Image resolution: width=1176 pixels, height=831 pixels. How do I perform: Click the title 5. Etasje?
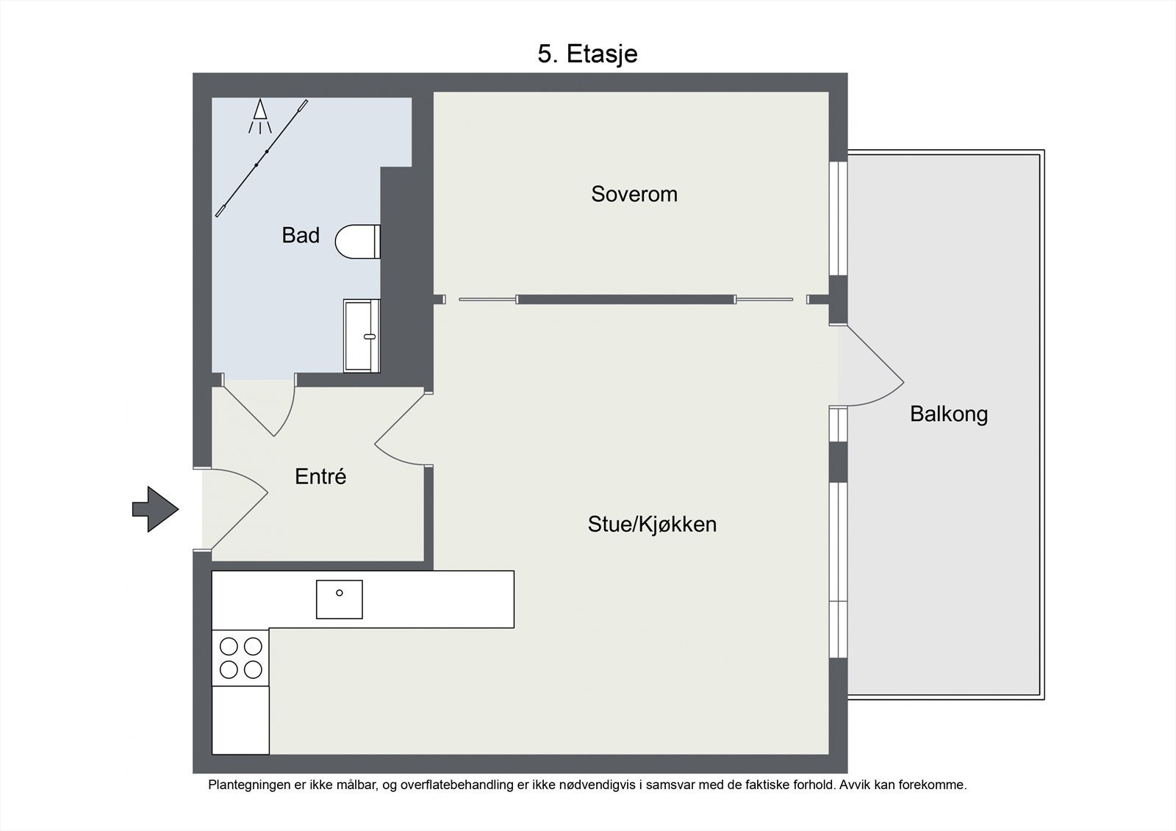coord(587,54)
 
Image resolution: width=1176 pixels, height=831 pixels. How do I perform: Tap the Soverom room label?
coord(634,194)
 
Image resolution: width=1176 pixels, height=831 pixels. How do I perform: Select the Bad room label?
coord(301,235)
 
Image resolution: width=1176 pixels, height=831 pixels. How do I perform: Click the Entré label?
coord(320,476)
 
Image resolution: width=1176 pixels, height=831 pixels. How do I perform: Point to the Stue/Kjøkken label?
coord(652,525)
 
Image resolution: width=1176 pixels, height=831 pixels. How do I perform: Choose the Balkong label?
coord(949,414)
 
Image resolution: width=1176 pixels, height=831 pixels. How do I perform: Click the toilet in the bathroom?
coord(357,242)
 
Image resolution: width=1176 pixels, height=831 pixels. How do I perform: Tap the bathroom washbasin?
coord(362,336)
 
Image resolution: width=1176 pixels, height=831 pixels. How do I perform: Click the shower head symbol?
coord(260,116)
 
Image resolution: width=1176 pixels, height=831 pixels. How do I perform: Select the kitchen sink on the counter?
coord(339,600)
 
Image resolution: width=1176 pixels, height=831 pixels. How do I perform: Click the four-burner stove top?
coord(240,658)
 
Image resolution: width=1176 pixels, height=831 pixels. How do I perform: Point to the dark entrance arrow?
coord(155,509)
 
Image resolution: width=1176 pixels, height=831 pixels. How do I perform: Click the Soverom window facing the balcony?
coord(839,218)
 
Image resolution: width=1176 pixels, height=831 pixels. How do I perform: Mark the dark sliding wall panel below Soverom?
coord(625,300)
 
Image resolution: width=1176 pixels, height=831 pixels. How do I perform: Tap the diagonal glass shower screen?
coord(262,158)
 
